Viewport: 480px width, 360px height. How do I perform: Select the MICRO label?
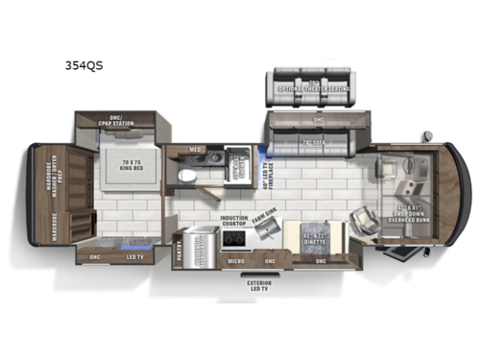pos(234,260)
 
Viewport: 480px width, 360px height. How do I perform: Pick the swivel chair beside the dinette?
pos(364,223)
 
